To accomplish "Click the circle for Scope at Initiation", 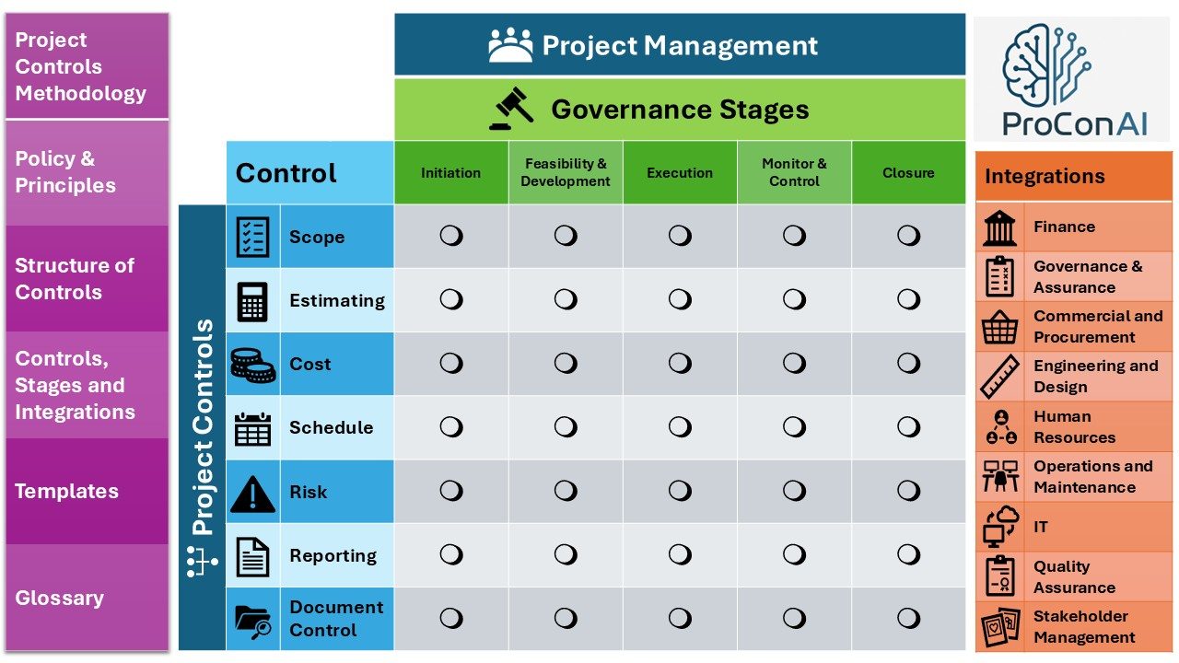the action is click(451, 236).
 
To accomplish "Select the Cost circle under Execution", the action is click(680, 363).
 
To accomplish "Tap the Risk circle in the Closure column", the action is click(908, 491).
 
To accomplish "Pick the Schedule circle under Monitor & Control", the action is click(794, 426).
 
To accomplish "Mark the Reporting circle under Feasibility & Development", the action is click(566, 554).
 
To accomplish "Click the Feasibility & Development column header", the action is click(566, 172).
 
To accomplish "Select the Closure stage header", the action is click(908, 172).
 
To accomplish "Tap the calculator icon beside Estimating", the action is click(252, 301).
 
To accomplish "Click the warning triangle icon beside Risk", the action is click(252, 494).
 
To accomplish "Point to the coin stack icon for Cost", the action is click(253, 365).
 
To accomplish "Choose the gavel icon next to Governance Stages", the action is click(511, 109).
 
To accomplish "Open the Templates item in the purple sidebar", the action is click(67, 491).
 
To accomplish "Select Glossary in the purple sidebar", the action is click(60, 598).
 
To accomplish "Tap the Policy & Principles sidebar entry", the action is click(65, 172).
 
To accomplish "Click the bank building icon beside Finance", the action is click(999, 227).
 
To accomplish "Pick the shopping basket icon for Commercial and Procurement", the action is click(999, 327).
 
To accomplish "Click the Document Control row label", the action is click(336, 618).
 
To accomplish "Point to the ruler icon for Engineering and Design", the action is click(999, 377).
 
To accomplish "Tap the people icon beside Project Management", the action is click(510, 45).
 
